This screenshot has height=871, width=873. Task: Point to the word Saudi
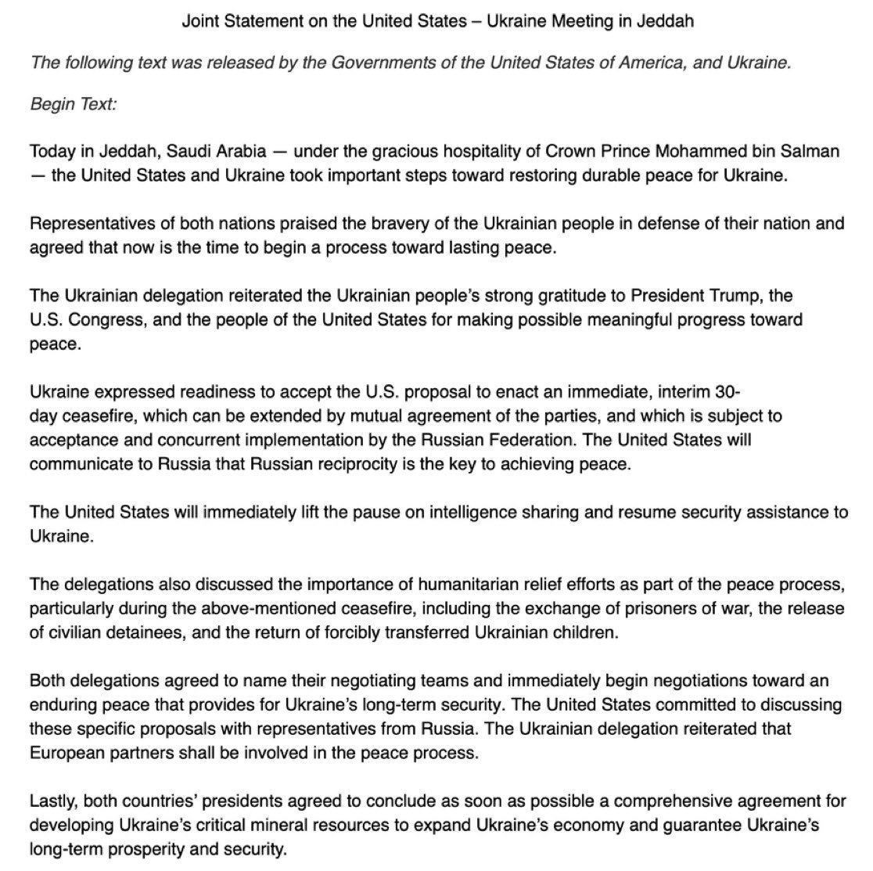[x=183, y=151]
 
